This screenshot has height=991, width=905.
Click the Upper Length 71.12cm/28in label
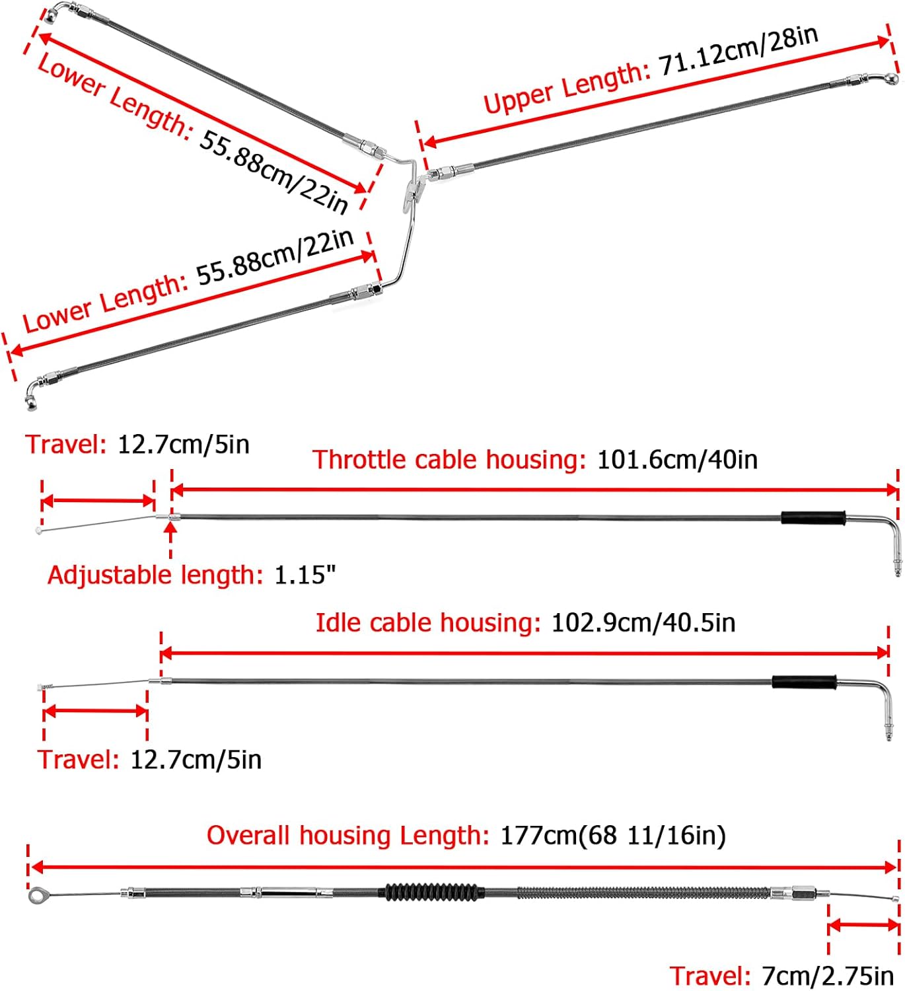pyautogui.click(x=651, y=70)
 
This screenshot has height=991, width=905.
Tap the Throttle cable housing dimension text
pyautogui.click(x=535, y=460)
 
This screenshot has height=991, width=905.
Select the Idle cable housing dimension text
pyautogui.click(x=525, y=623)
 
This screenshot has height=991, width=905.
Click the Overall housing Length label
pyautogui.click(x=466, y=836)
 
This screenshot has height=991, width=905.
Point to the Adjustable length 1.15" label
pyautogui.click(x=192, y=575)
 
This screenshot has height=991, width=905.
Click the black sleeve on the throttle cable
pyautogui.click(x=813, y=517)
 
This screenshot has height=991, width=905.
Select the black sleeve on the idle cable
pyautogui.click(x=804, y=681)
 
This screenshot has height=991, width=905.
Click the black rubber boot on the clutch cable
pyautogui.click(x=431, y=892)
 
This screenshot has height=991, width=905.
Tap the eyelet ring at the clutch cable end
pyautogui.click(x=36, y=895)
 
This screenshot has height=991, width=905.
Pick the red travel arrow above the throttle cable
pyautogui.click(x=98, y=501)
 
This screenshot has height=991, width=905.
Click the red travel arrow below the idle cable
pyautogui.click(x=95, y=712)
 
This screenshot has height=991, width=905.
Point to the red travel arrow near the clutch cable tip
pyautogui.click(x=863, y=926)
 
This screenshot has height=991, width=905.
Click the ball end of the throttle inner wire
pyautogui.click(x=39, y=531)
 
